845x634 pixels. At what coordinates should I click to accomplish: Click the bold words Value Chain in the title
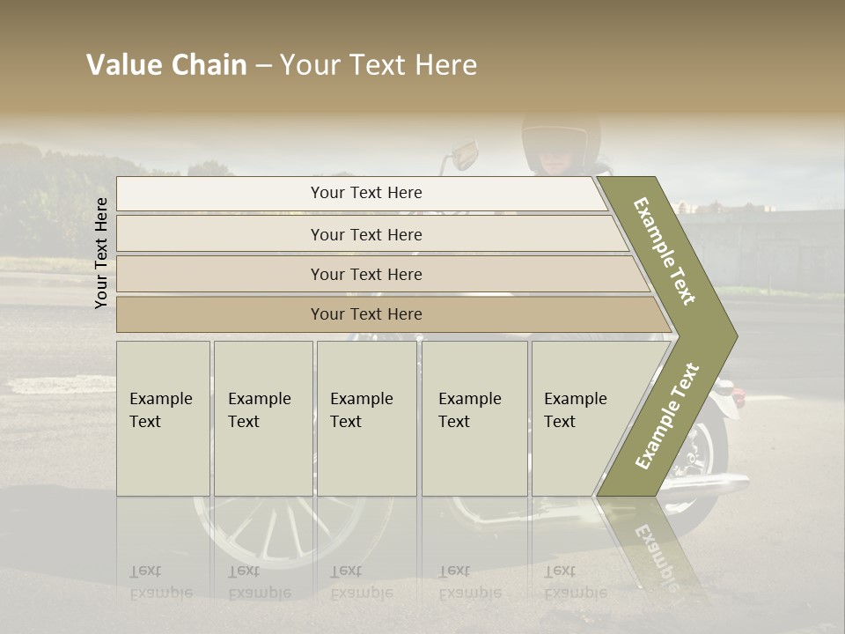166,65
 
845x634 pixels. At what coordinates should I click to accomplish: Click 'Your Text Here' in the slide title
378,65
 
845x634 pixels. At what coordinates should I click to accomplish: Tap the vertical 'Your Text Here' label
101,253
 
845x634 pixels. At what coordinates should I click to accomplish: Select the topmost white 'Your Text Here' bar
365,193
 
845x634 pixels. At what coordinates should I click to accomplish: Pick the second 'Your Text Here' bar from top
365,234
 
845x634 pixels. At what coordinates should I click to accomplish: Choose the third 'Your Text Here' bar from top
365,274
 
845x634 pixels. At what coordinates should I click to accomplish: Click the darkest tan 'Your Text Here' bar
365,314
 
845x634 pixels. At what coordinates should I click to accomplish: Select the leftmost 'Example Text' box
163,417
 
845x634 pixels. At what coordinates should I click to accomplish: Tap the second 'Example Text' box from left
262,417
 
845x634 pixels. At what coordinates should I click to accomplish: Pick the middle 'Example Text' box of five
366,417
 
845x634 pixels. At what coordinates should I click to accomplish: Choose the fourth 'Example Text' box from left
474,417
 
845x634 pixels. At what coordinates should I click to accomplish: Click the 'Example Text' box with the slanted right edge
581,417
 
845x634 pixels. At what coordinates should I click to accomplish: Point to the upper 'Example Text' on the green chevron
665,251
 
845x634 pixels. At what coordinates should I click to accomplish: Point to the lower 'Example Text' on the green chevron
667,416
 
